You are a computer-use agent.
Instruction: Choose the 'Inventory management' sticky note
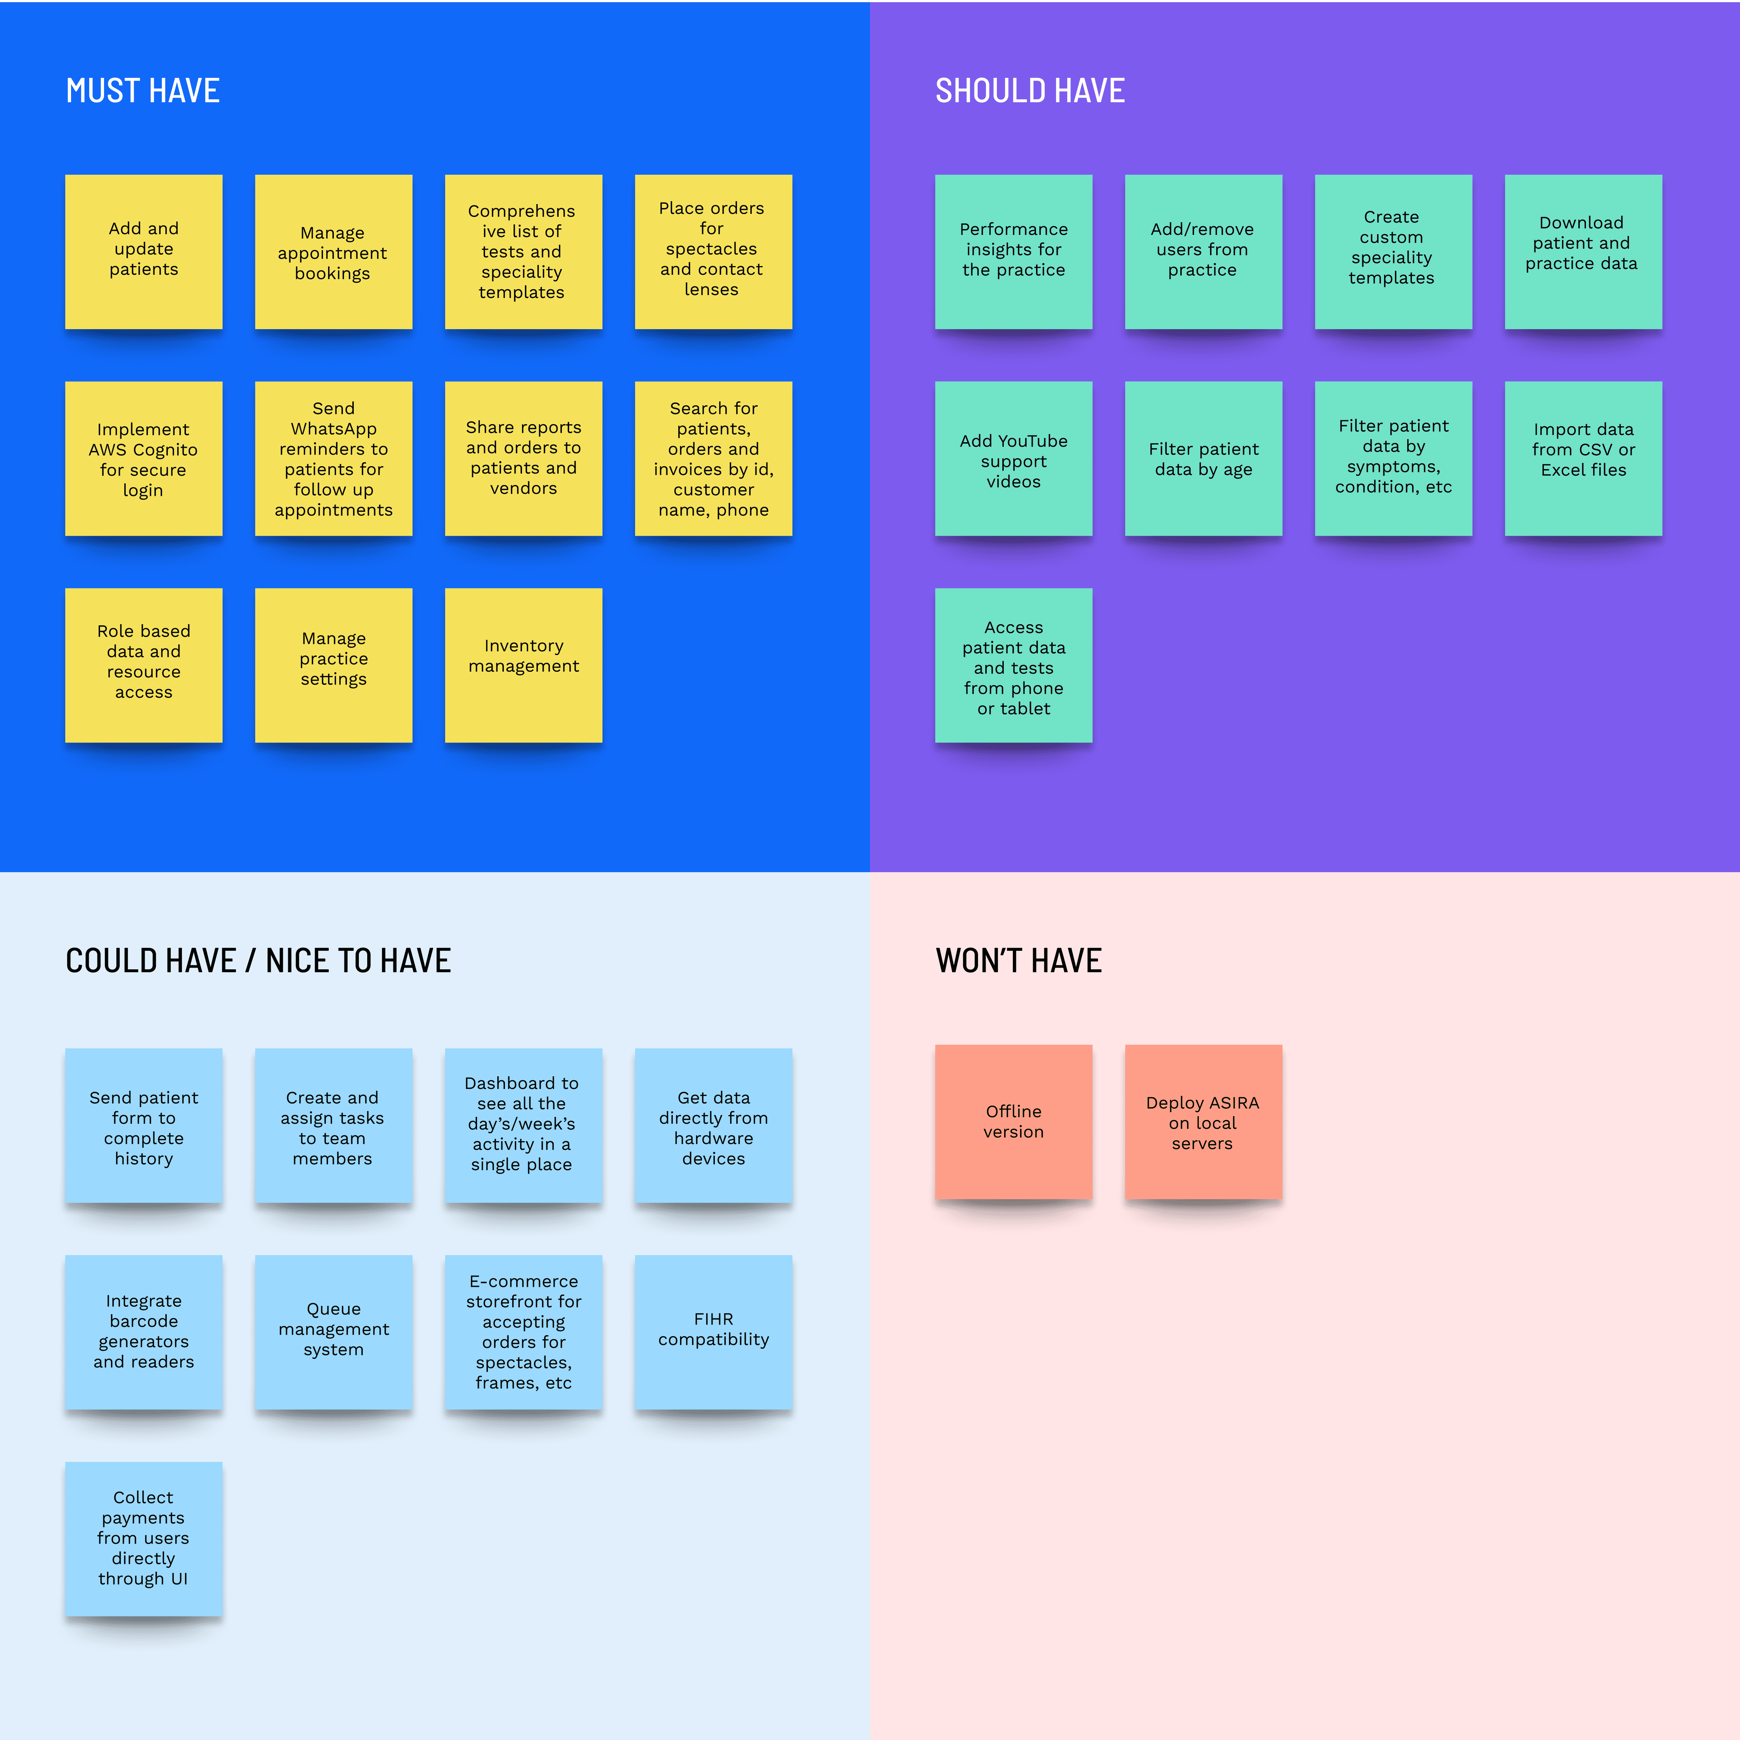[x=523, y=665]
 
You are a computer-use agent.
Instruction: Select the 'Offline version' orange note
[x=1013, y=1121]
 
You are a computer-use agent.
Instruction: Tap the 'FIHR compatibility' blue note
[x=713, y=1331]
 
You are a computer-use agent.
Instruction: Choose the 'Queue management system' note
[x=333, y=1331]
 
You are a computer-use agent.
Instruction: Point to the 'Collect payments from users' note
[x=143, y=1538]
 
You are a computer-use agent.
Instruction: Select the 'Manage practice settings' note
[x=333, y=665]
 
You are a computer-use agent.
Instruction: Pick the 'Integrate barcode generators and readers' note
[x=143, y=1331]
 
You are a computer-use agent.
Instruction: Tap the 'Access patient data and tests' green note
[x=1013, y=665]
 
